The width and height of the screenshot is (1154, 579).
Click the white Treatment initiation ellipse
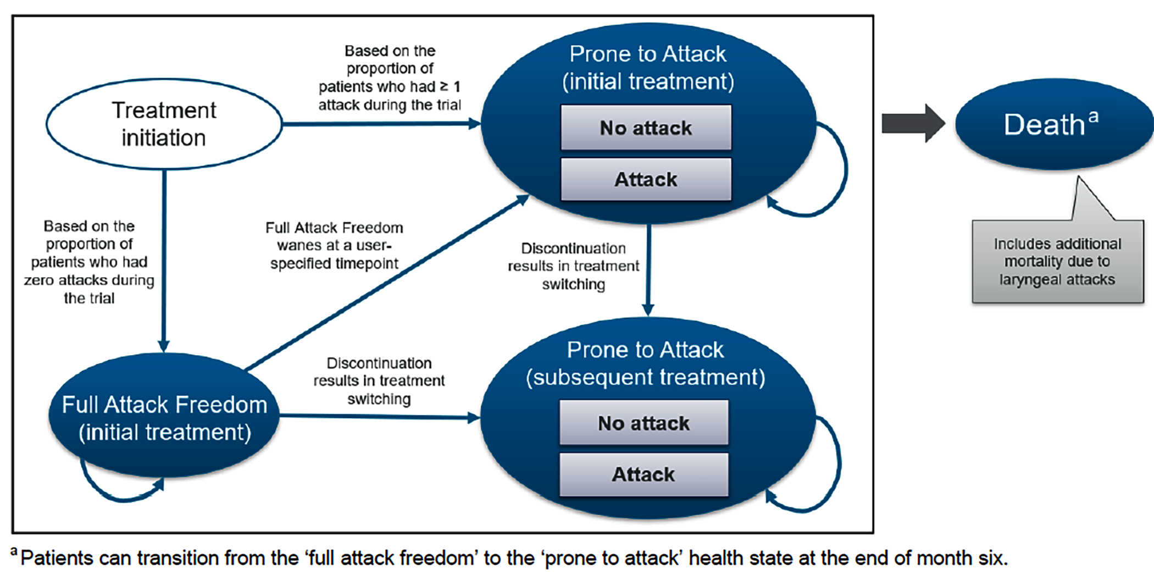click(164, 124)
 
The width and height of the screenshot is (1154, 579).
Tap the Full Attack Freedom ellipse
click(164, 418)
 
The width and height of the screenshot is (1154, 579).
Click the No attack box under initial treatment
click(646, 128)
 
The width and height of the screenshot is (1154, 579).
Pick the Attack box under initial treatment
click(646, 179)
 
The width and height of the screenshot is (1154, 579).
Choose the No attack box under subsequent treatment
click(643, 423)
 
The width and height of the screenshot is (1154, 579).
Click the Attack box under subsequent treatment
click(643, 474)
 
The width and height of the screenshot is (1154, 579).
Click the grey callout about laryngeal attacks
click(1057, 262)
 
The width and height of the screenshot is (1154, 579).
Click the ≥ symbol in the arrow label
click(444, 86)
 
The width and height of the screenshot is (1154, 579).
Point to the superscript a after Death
click(1094, 116)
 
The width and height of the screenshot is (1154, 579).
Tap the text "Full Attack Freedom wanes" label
click(334, 236)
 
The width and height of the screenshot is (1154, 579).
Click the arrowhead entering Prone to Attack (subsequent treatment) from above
click(648, 309)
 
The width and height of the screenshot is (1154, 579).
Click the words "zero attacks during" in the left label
click(89, 280)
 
